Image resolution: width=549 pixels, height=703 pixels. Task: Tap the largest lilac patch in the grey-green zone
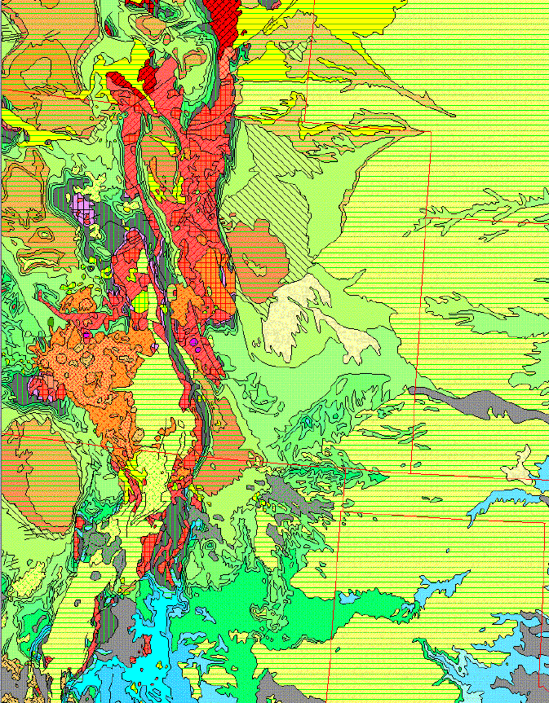pyautogui.click(x=80, y=204)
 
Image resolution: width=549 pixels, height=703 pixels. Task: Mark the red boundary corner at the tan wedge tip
pyautogui.click(x=430, y=131)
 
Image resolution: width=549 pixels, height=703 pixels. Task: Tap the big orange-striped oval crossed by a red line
pyautogui.click(x=37, y=472)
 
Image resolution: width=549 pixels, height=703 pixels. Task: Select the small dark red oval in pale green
pyautogui.click(x=119, y=81)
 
